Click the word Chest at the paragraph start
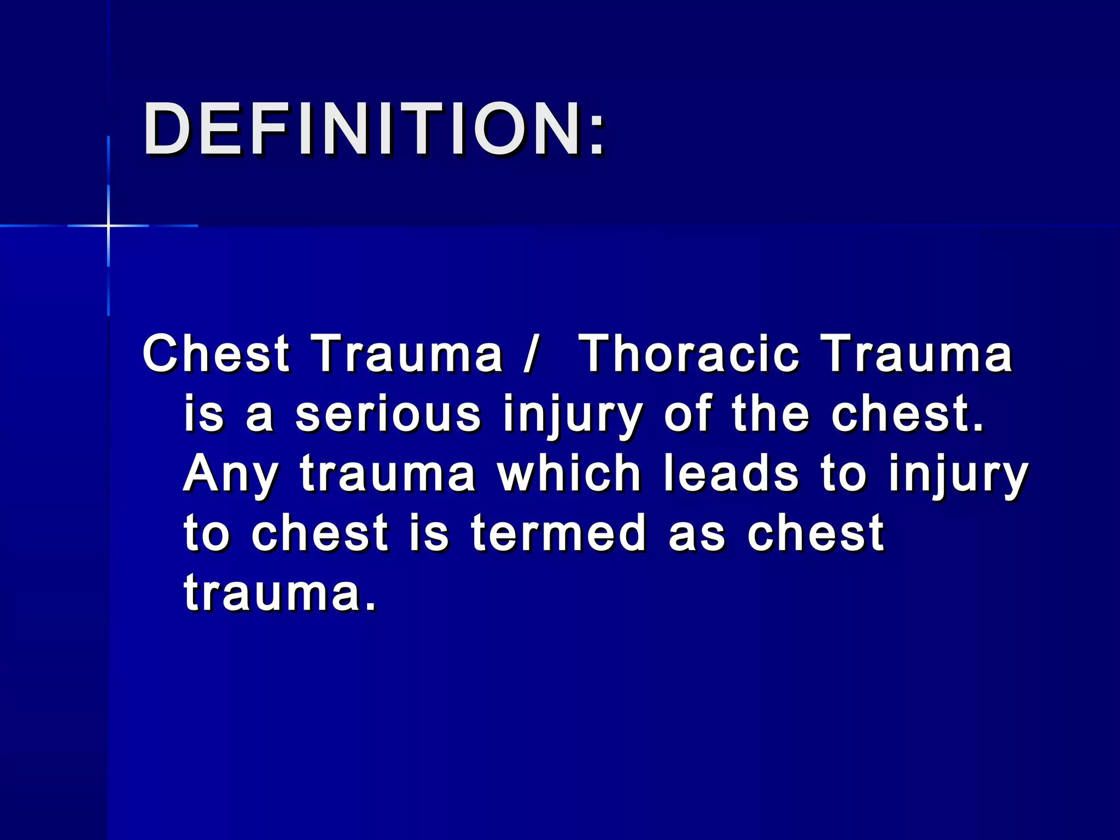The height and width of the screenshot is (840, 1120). click(x=215, y=354)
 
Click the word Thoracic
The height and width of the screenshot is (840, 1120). click(x=689, y=354)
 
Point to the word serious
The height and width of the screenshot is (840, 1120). click(x=388, y=414)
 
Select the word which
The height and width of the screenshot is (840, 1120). click(x=569, y=474)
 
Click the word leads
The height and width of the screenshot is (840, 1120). click(x=731, y=474)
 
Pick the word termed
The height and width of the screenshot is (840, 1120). click(x=558, y=533)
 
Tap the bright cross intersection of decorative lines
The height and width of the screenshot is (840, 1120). click(x=108, y=225)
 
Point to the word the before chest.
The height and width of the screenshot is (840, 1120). click(x=770, y=414)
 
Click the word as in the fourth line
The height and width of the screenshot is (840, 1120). click(x=697, y=534)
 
